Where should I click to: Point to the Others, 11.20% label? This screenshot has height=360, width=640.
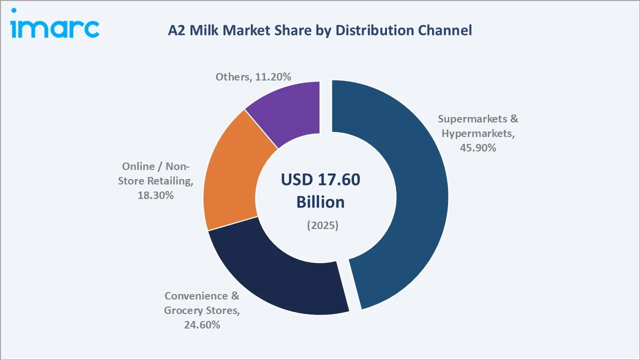coord(253,76)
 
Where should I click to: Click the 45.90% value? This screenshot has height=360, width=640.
coord(478,147)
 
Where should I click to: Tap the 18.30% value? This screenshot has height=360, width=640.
coord(155,195)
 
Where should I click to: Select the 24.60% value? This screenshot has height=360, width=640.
coord(201,325)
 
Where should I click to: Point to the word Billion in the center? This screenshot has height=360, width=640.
coord(320,202)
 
